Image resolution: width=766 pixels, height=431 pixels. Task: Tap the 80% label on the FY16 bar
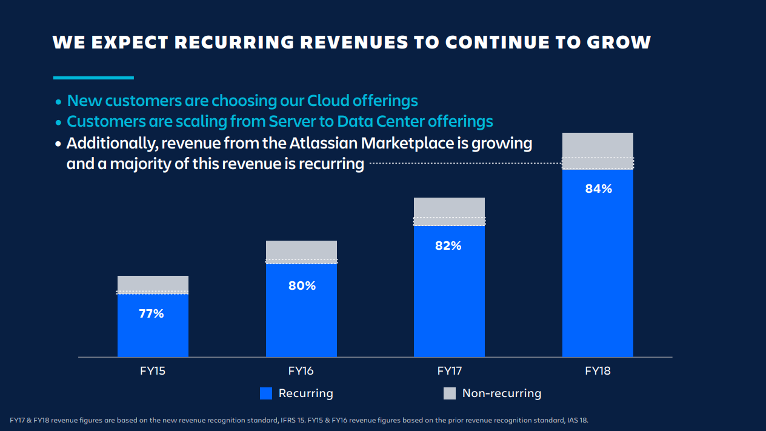[x=302, y=286]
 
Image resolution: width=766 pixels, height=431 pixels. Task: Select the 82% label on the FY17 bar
[x=448, y=246]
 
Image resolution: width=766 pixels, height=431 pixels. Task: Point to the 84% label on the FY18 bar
[x=598, y=189]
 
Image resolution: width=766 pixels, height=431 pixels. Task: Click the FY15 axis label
[x=153, y=370]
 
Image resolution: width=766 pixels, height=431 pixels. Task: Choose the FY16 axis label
[x=301, y=370]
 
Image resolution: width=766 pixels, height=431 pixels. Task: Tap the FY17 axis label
[x=449, y=370]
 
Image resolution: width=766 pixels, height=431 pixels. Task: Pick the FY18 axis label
[x=598, y=370]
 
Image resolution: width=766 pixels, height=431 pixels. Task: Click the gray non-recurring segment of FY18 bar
[x=598, y=145]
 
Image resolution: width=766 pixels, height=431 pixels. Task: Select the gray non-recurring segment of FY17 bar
[x=449, y=207]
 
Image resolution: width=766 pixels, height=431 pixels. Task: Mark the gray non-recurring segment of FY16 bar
[x=301, y=250]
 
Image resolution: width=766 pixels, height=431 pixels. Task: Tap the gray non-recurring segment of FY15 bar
[x=153, y=283]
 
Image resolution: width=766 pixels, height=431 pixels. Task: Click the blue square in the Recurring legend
[x=266, y=393]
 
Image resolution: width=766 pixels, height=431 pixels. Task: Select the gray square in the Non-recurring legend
[x=450, y=393]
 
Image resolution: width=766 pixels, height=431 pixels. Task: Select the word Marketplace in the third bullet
[x=407, y=144]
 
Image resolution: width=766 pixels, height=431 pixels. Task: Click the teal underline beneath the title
[x=93, y=78]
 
